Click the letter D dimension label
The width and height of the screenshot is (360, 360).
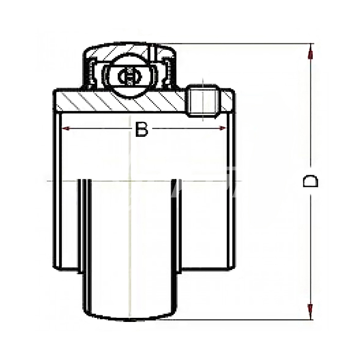[x=311, y=181]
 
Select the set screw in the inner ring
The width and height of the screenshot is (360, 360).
[x=203, y=101]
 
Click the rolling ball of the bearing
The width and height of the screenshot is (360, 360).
[x=130, y=76]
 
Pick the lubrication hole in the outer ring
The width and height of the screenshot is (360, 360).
[x=152, y=53]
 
